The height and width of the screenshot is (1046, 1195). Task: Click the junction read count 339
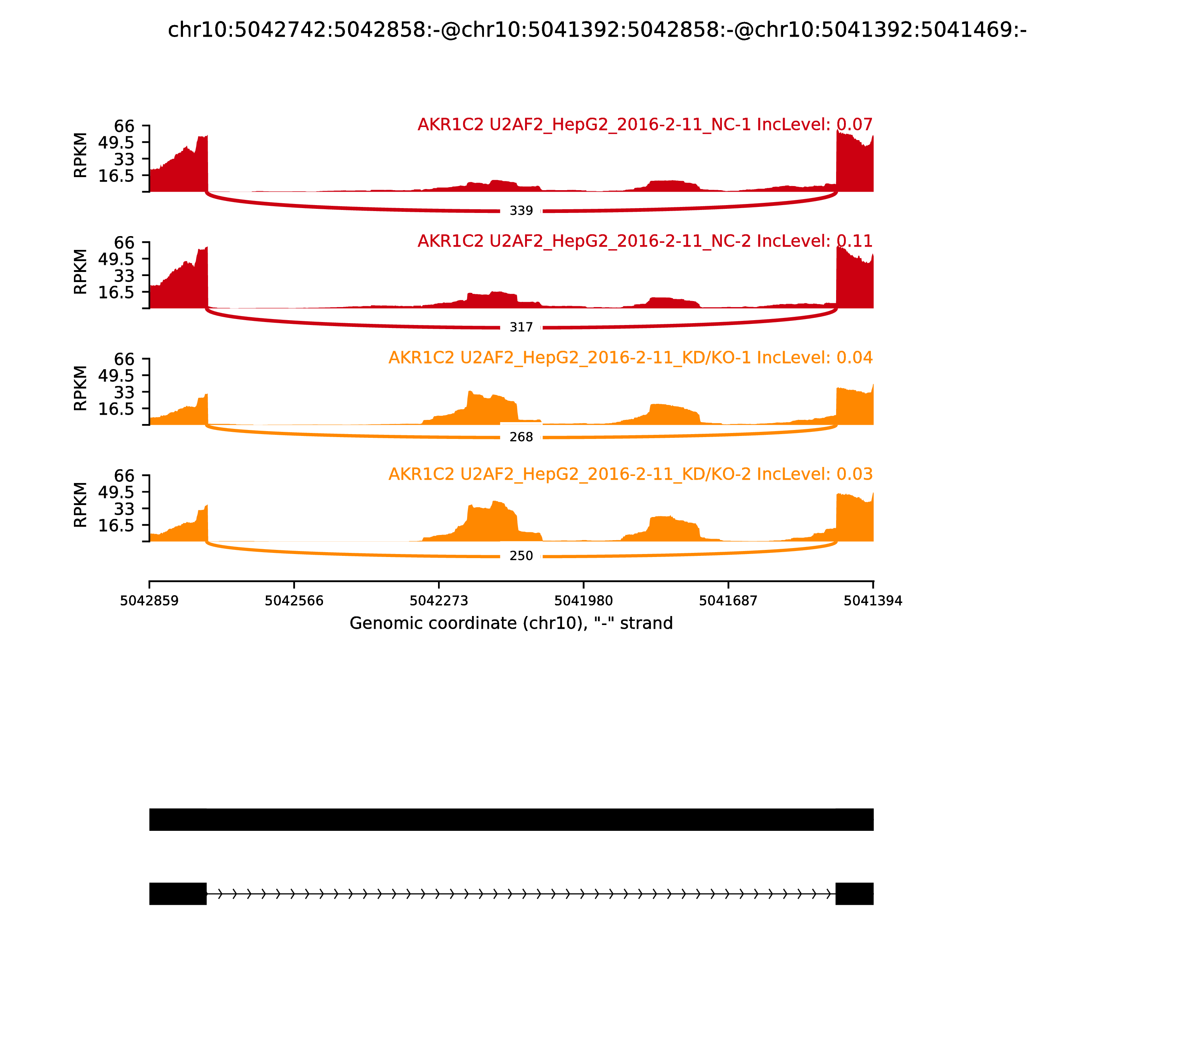(x=521, y=211)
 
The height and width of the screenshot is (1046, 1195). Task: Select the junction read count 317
(x=521, y=328)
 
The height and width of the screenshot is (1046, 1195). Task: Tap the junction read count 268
(x=521, y=437)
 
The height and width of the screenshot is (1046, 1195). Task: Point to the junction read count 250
(x=521, y=556)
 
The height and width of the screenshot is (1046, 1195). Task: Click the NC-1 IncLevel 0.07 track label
(x=645, y=124)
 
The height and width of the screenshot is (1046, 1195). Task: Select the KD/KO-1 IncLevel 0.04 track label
(x=630, y=358)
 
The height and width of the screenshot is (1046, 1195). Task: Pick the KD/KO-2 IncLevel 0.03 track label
(x=630, y=474)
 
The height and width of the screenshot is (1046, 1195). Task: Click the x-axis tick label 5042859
(x=149, y=601)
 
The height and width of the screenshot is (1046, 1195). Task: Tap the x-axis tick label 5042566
(x=294, y=601)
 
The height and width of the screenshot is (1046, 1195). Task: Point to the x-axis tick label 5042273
(x=439, y=601)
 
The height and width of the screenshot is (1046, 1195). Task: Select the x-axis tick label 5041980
(x=583, y=601)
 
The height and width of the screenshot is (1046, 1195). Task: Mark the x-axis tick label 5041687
(x=728, y=601)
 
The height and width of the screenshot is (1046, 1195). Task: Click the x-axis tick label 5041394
(x=873, y=601)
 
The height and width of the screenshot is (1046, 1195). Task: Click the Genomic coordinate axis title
(x=511, y=623)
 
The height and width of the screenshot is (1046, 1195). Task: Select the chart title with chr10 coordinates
(x=597, y=30)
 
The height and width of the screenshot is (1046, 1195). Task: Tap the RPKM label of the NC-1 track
(x=81, y=155)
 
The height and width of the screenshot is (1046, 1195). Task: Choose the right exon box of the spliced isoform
(x=854, y=894)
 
